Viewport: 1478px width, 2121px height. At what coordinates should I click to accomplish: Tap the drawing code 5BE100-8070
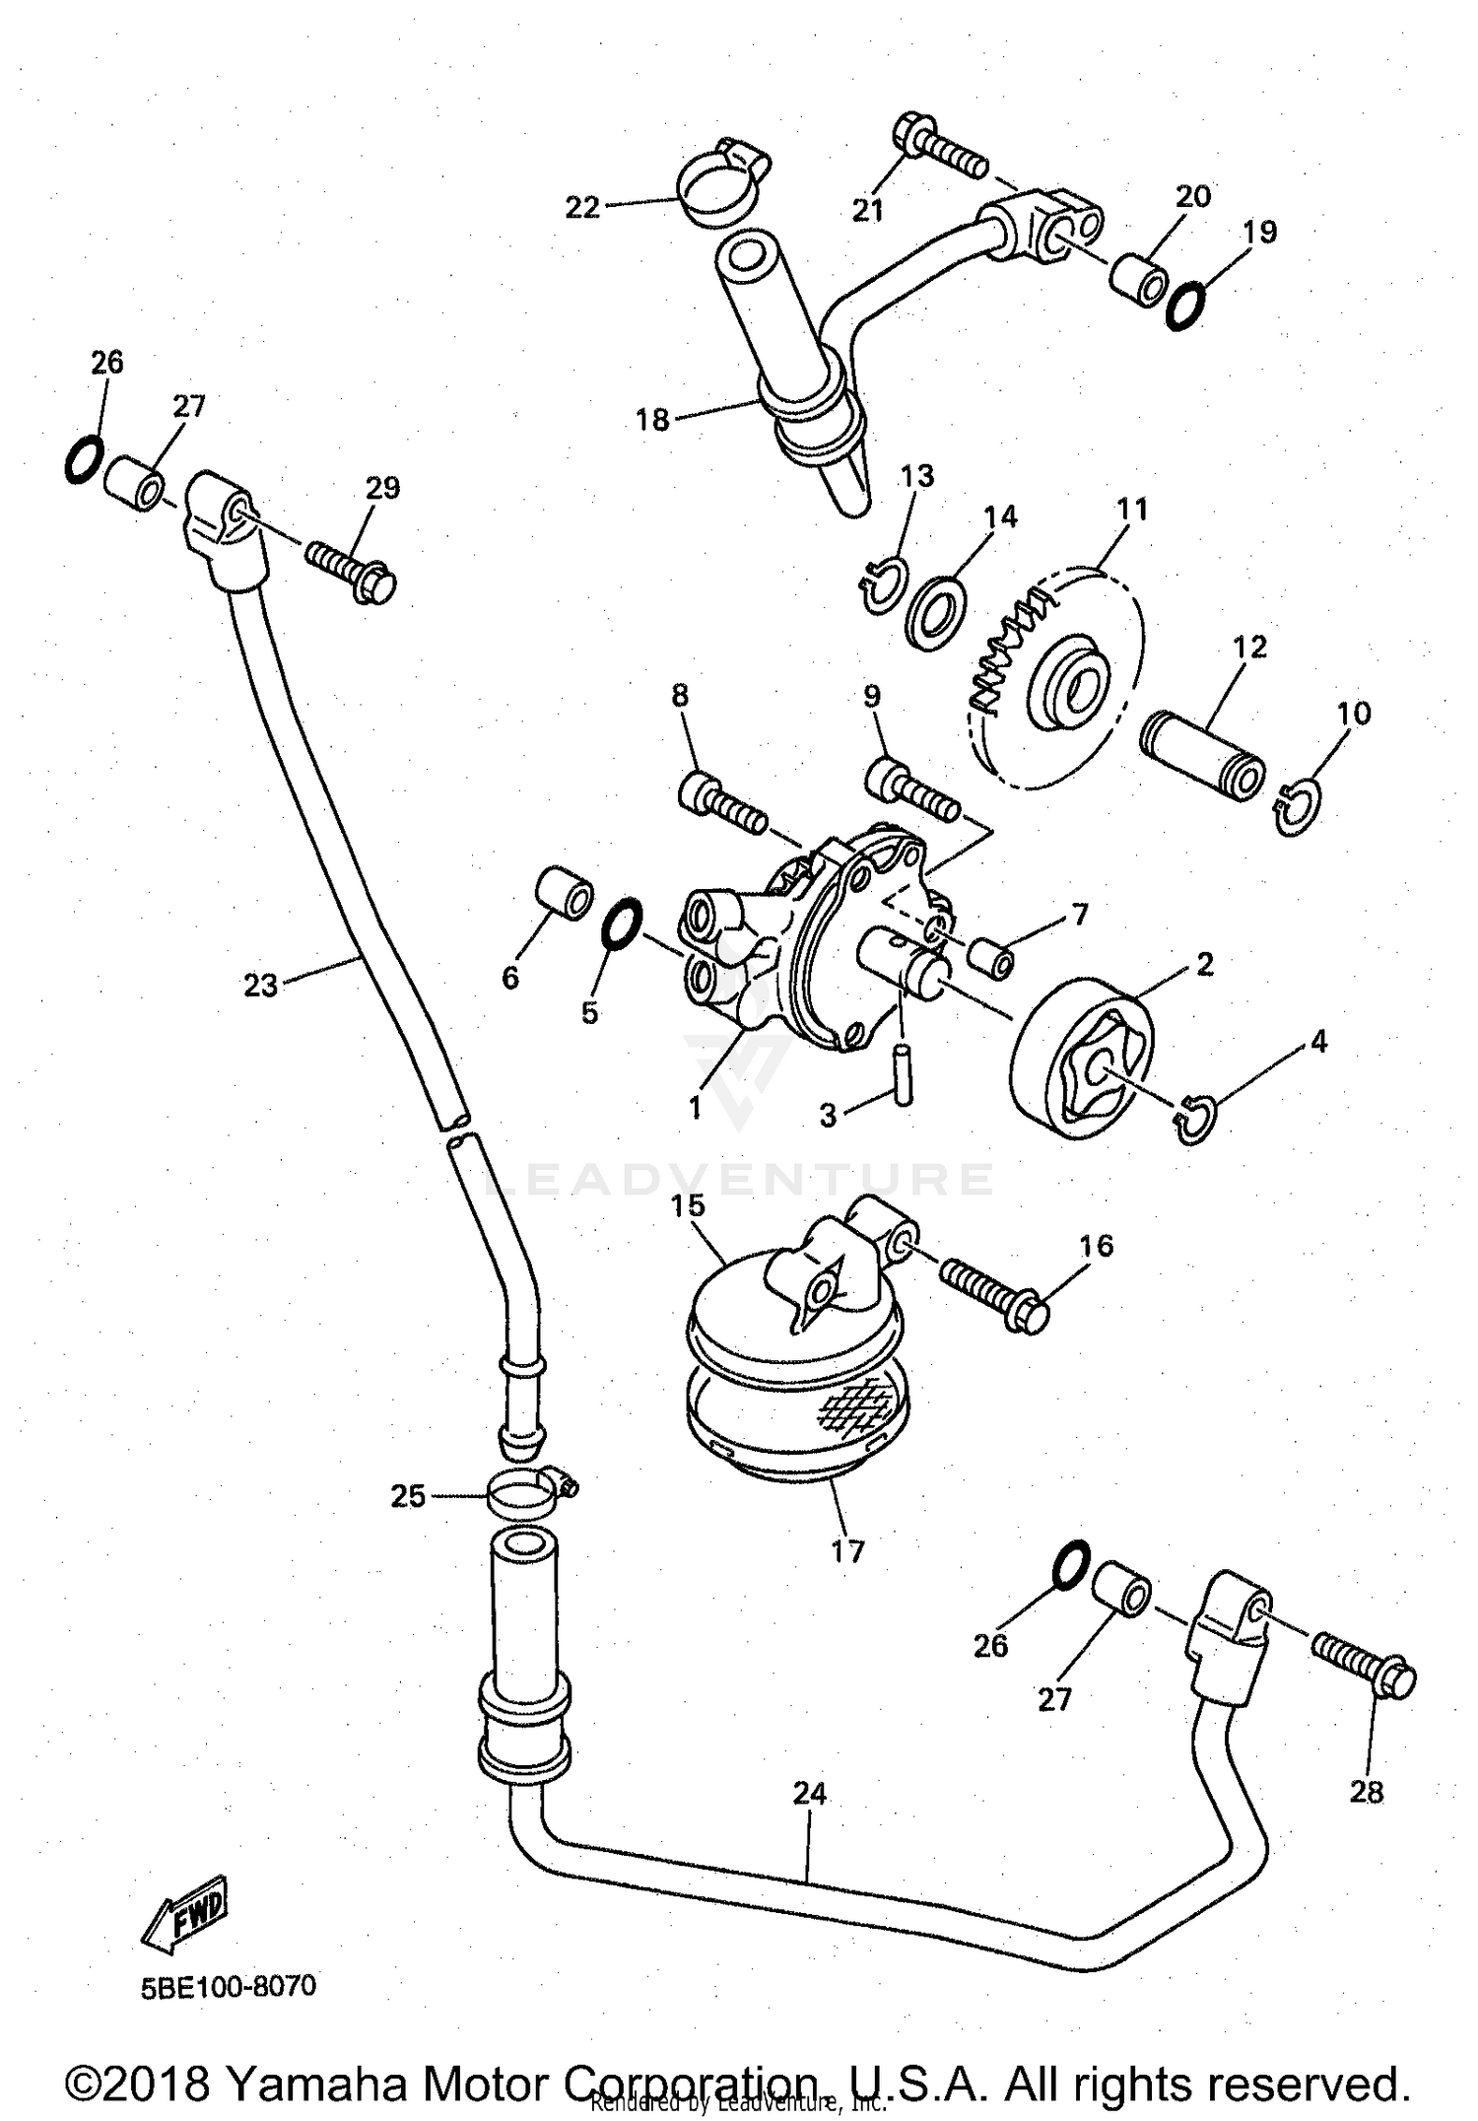229,1986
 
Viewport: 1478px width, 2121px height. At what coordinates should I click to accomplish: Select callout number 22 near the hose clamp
582,208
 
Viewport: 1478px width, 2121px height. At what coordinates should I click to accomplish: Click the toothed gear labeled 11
1059,680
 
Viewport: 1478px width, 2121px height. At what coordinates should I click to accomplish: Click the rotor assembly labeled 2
1082,1060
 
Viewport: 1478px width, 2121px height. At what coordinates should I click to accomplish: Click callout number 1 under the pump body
695,1108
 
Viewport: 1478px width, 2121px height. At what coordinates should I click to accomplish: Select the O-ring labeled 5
622,926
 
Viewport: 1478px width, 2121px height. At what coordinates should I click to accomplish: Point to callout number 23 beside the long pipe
261,985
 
